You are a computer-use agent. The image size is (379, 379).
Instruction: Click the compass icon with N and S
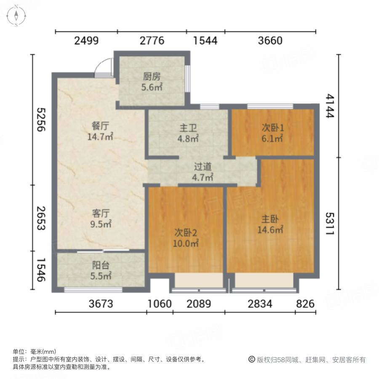coord(16,16)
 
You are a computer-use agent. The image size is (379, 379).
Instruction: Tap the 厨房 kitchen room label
coord(152,82)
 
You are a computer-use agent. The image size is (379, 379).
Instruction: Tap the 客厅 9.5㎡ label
coord(101,218)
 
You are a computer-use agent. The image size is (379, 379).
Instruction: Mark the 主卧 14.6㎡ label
coord(270,224)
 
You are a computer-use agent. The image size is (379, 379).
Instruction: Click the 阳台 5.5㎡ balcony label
coord(101,270)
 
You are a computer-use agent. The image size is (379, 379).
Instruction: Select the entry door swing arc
coord(102,67)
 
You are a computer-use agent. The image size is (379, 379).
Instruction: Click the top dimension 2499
coord(86,41)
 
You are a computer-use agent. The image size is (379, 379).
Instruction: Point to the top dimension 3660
coord(270,41)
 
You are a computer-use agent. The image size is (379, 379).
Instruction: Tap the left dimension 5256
coord(41,120)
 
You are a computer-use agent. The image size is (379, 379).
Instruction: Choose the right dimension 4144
coord(329,106)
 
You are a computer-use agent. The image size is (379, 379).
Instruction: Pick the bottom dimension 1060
coord(160,304)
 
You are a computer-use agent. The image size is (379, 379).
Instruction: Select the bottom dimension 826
coord(305,304)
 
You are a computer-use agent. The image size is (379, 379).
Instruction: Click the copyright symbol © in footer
coord(252,360)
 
